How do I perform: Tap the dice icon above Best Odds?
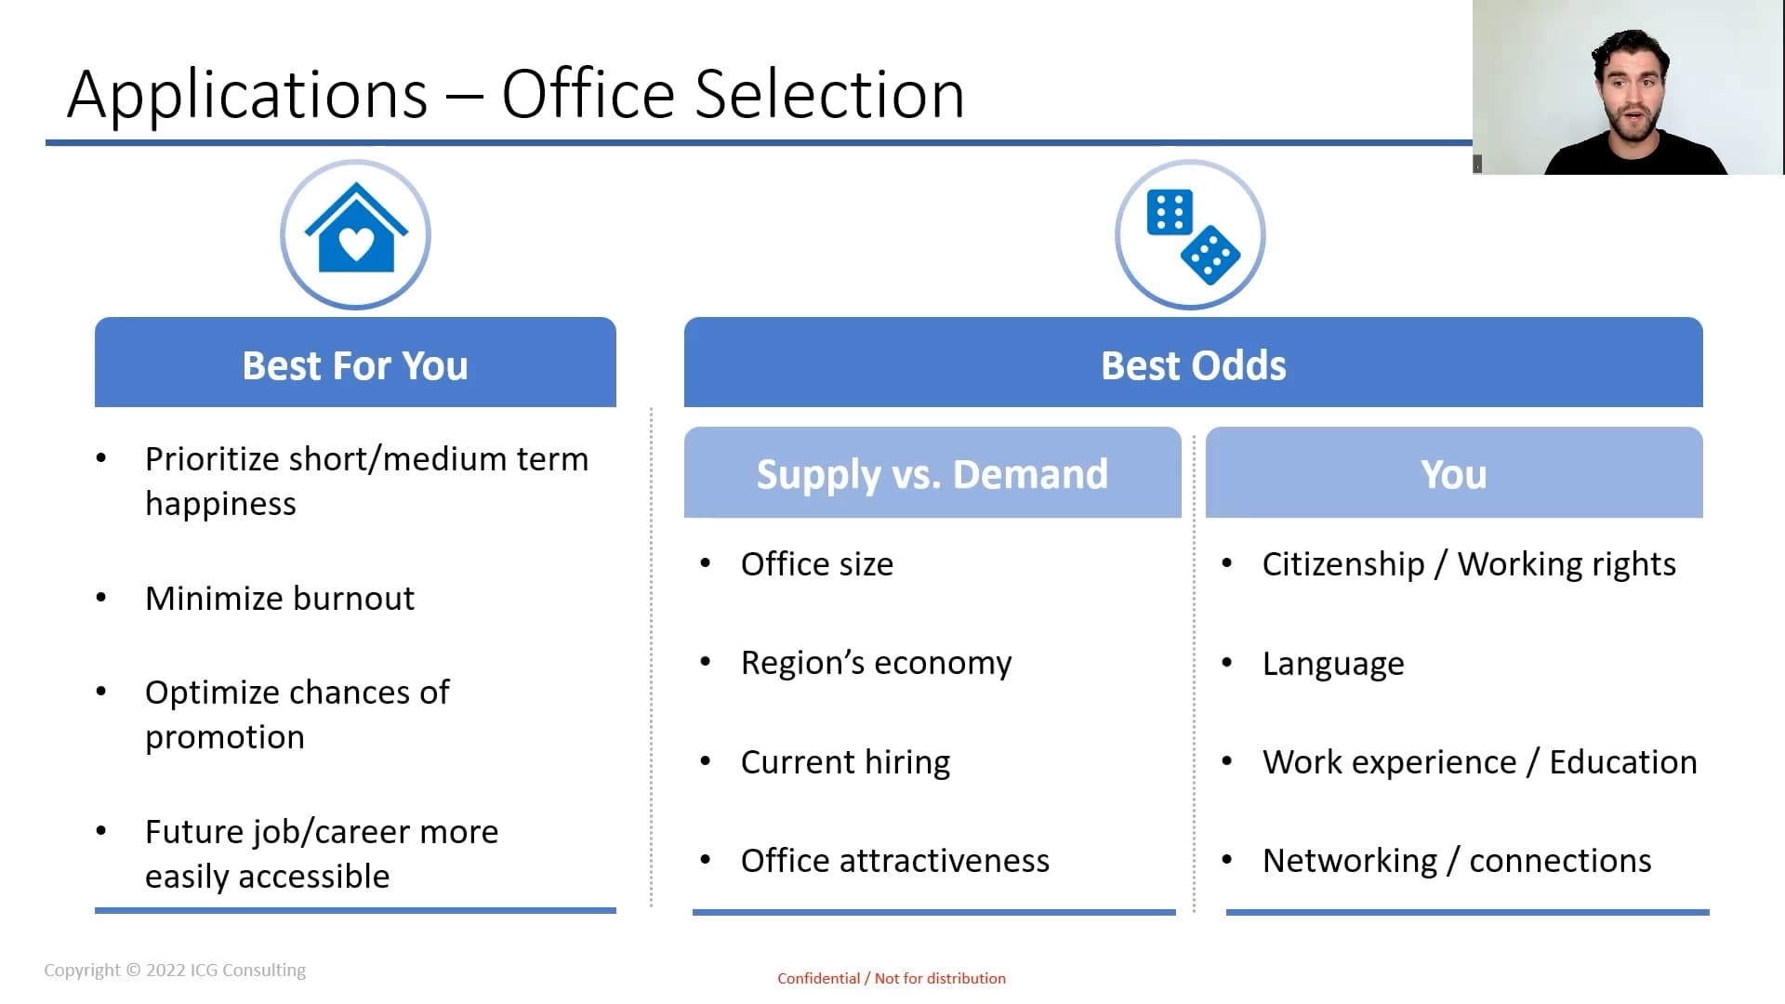(x=1193, y=236)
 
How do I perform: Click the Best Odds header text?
(x=1193, y=365)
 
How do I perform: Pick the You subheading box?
(x=1454, y=472)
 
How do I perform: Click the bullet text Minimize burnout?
(x=280, y=598)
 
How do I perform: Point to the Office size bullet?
(x=816, y=563)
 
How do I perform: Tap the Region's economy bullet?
(x=876, y=663)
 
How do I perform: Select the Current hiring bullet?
(x=845, y=762)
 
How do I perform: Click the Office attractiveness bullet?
(x=894, y=860)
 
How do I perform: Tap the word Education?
(x=1623, y=761)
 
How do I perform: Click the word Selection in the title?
(x=829, y=94)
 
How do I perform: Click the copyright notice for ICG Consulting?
(x=175, y=970)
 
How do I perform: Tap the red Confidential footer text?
(x=892, y=978)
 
